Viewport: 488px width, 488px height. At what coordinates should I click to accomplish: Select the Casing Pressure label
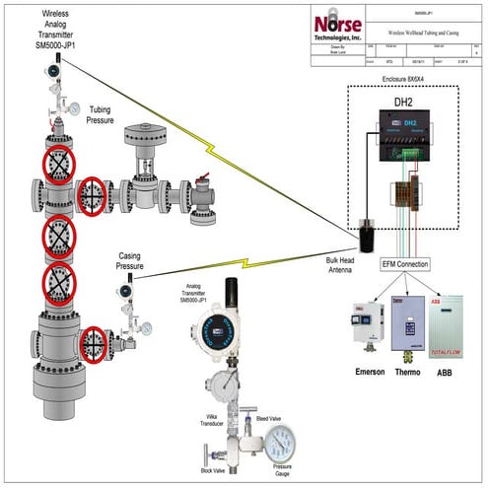point(130,260)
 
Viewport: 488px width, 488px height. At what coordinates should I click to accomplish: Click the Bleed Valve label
point(268,419)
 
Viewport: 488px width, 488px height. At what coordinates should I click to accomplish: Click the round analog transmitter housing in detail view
point(214,329)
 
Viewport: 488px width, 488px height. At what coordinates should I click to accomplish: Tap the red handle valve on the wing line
point(204,184)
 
